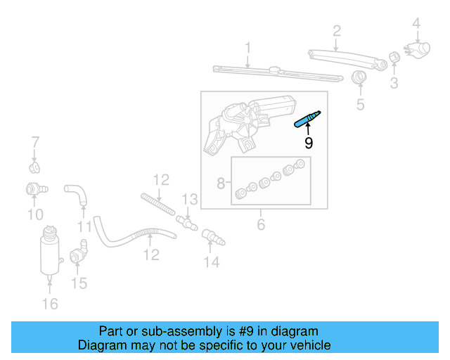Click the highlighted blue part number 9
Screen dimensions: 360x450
(x=307, y=119)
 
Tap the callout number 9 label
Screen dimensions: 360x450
(x=308, y=143)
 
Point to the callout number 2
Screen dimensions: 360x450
(x=337, y=30)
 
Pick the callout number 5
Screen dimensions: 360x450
(x=360, y=105)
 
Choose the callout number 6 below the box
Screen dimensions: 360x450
(x=260, y=225)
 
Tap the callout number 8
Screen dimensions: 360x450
(x=221, y=184)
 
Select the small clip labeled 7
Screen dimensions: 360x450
(x=34, y=167)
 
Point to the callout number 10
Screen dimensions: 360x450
(x=34, y=214)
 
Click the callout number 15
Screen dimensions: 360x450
(x=79, y=283)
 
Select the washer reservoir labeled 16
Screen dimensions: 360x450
(x=49, y=250)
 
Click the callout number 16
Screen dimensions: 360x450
(x=49, y=304)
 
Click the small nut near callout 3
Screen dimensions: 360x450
(x=394, y=57)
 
